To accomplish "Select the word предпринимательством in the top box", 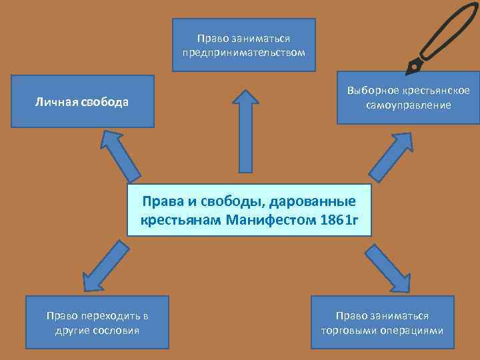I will tap(244, 52).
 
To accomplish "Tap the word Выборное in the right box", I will tap(367, 91).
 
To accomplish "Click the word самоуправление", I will tap(408, 105).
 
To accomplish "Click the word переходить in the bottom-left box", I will tap(111, 315).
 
